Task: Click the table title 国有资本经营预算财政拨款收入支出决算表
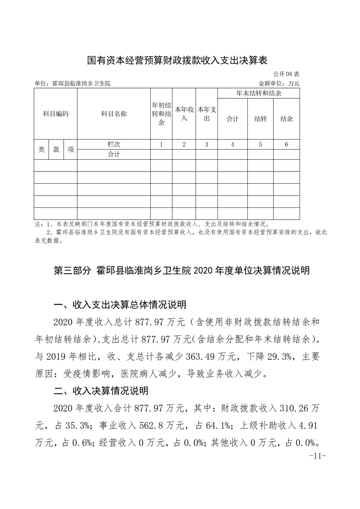[177, 59]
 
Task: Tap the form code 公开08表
[286, 73]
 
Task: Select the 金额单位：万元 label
[279, 83]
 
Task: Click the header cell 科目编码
[55, 114]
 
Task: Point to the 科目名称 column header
[113, 114]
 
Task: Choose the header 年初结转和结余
[161, 114]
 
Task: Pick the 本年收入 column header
[184, 114]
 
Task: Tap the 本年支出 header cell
[207, 114]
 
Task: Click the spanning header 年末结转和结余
[259, 93]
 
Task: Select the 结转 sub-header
[261, 119]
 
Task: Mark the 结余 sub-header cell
[286, 119]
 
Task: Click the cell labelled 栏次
[113, 144]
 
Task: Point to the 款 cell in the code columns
[56, 149]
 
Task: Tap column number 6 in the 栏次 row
[286, 144]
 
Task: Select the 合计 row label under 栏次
[113, 154]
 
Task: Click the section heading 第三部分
[74, 271]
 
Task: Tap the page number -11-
[317, 456]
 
